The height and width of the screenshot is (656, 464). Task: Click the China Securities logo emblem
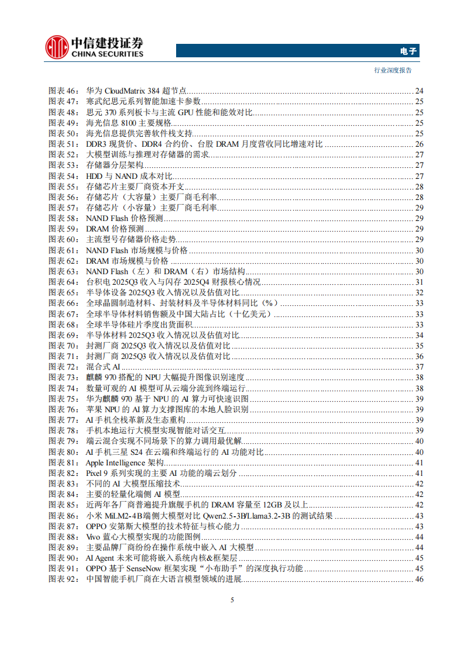(56, 47)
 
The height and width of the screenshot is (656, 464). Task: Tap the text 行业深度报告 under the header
(393, 70)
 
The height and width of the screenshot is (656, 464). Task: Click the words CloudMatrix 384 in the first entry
(134, 91)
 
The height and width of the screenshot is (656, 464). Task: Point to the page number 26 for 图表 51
(419, 144)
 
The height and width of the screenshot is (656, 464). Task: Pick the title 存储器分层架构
(115, 165)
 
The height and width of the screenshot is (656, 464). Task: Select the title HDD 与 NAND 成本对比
(129, 175)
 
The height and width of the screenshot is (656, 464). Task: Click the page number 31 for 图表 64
(419, 282)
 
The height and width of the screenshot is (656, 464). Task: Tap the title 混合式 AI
(103, 367)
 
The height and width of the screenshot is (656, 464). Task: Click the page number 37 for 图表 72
(419, 367)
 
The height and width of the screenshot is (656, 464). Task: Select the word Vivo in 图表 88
(94, 537)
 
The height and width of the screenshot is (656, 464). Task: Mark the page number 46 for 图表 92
(419, 579)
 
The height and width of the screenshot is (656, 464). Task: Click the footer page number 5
(232, 600)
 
